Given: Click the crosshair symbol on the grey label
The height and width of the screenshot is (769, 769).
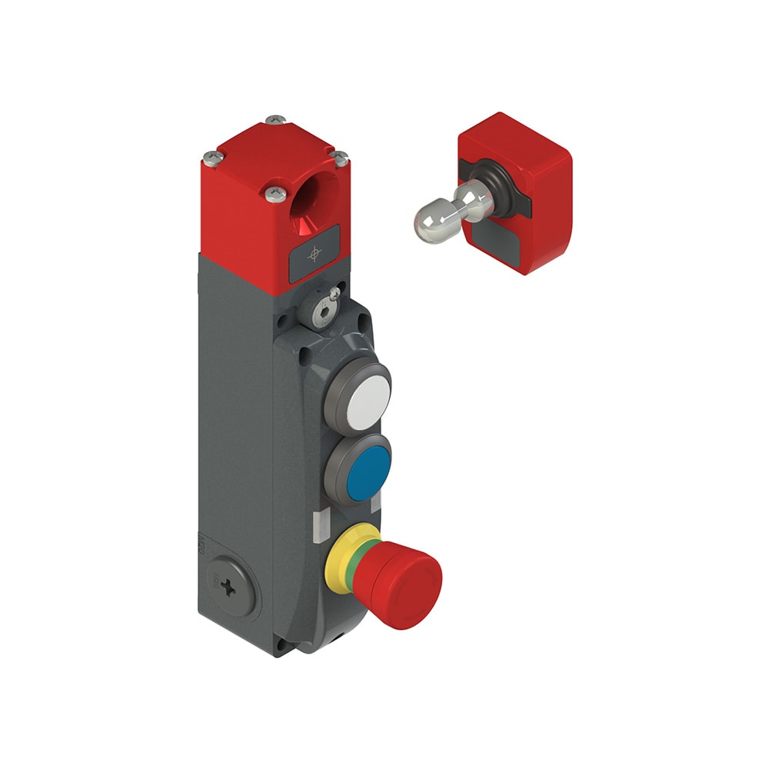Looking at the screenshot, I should click(314, 254).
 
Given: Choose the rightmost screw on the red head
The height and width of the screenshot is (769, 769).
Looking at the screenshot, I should click(339, 158).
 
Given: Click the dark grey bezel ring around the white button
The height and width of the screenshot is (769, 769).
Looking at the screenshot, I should click(331, 400).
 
